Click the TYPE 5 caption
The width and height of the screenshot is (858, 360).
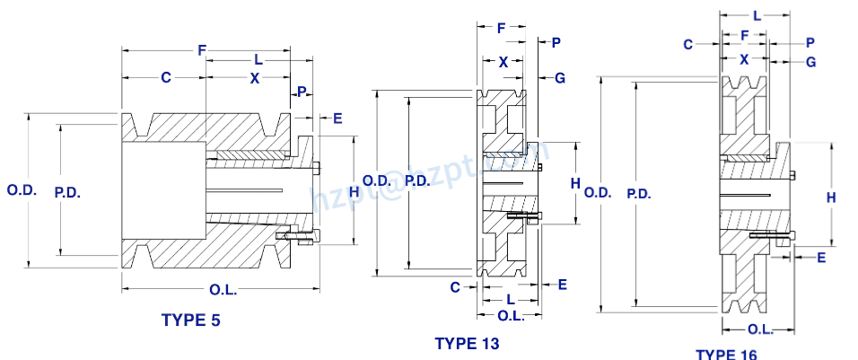coord(190,320)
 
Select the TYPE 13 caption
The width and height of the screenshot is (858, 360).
coord(467,343)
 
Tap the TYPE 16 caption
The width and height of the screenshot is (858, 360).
coord(725,354)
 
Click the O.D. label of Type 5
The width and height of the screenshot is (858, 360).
coord(21,190)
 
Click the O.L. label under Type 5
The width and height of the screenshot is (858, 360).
coord(223,288)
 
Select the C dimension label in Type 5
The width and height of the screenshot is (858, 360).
coord(166,78)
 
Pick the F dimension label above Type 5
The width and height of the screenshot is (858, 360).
coord(203,51)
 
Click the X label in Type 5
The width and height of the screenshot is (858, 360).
coord(255,78)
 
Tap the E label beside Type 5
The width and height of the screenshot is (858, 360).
coord(337,118)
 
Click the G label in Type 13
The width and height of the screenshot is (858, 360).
coord(559,78)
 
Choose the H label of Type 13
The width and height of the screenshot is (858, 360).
coord(575,183)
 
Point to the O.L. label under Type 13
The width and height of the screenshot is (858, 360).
coord(511,315)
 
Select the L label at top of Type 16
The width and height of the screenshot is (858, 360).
coord(757,16)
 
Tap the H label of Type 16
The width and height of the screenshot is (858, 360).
coord(831,197)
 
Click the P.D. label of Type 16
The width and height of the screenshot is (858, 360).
coord(639,193)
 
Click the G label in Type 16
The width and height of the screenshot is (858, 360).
coord(810,61)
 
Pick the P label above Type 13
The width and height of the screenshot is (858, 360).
coord(556,42)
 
